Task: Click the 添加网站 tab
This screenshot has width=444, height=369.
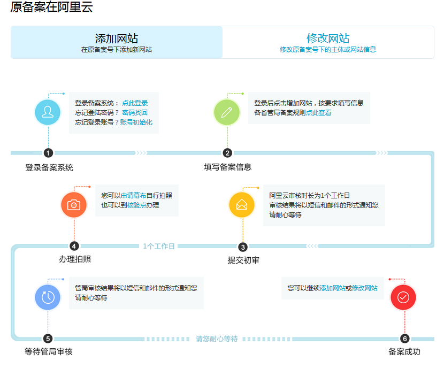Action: coord(117,42)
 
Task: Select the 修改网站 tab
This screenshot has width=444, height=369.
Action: coord(328,42)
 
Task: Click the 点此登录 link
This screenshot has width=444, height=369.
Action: coord(135,103)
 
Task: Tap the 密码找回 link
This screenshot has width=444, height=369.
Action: coord(135,113)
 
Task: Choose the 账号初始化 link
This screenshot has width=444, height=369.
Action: coord(136,122)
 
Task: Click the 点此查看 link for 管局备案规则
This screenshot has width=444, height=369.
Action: coord(318,113)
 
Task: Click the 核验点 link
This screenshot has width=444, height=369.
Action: coord(136,205)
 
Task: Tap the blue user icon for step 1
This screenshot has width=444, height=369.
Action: coord(48,112)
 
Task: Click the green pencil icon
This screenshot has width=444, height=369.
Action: coord(227,112)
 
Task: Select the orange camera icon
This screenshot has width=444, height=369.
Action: coord(74,205)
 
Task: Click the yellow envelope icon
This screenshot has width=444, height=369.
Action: coord(242,205)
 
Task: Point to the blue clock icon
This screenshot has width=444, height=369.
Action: coord(48,297)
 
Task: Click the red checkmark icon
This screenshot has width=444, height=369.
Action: coord(403,297)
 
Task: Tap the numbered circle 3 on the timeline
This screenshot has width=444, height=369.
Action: coord(243,247)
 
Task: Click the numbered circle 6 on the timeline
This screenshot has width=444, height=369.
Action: coord(404,339)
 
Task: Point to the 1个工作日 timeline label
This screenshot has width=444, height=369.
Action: coord(159,247)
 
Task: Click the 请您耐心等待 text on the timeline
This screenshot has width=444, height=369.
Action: coord(217,339)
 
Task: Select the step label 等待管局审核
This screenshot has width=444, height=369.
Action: coord(48,352)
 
